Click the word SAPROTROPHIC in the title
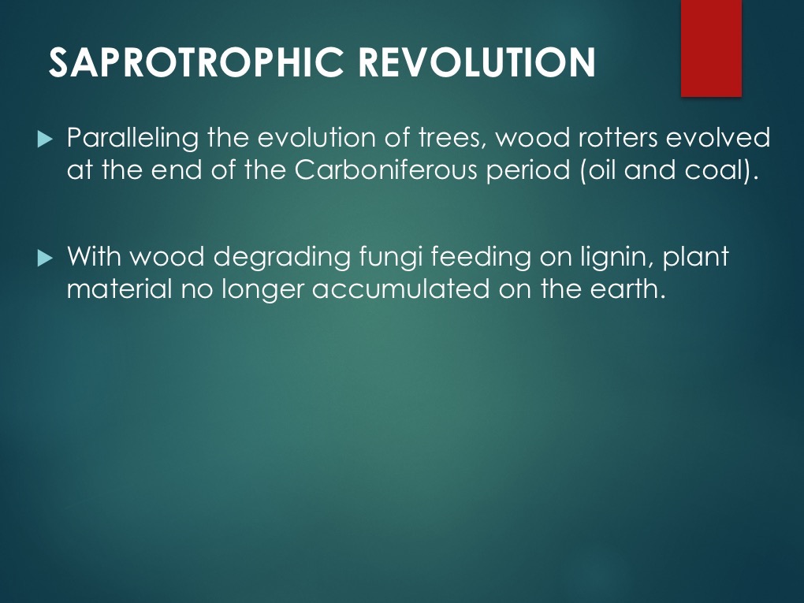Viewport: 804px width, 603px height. click(x=195, y=62)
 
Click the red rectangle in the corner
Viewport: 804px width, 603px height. click(x=711, y=48)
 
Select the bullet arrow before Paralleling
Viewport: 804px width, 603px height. click(x=45, y=139)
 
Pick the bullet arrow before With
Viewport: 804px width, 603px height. click(x=45, y=258)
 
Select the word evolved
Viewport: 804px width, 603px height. click(x=718, y=138)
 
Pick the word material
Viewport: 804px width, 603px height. click(x=119, y=288)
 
